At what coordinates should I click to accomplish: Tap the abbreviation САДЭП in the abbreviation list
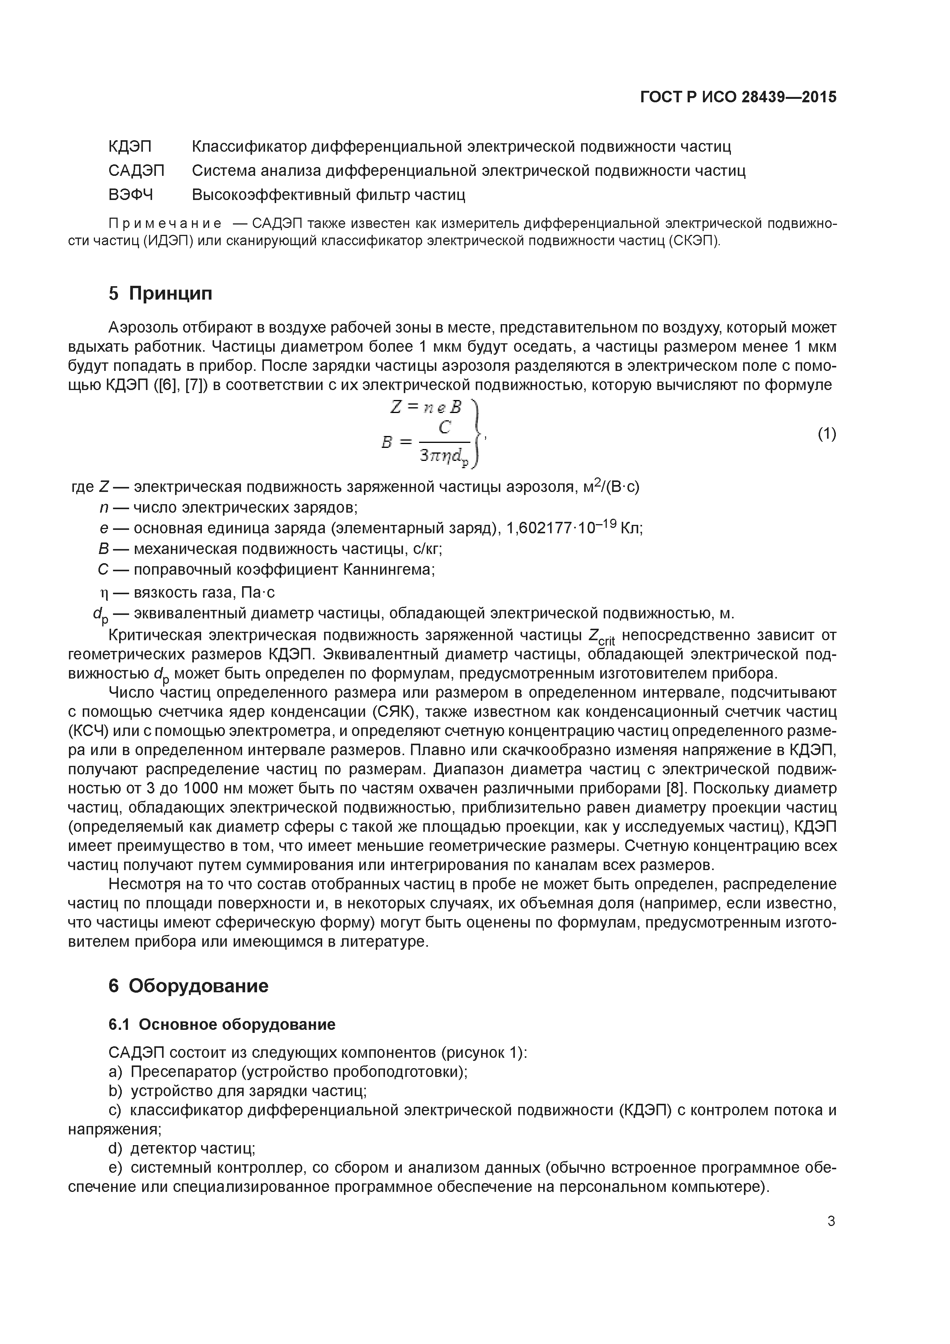[x=136, y=170]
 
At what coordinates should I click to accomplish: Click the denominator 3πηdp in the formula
[x=444, y=455]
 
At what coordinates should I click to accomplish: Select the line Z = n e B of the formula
[x=426, y=407]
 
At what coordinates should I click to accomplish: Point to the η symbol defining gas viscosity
[x=105, y=593]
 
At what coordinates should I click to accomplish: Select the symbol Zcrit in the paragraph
[x=601, y=636]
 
